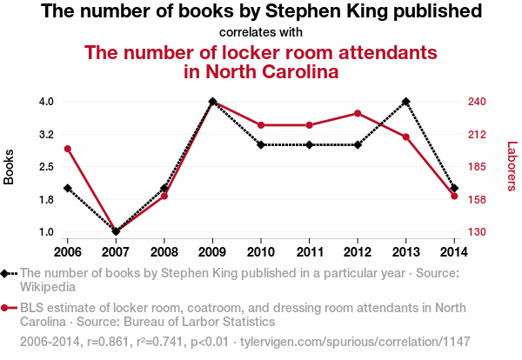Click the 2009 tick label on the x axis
(212, 251)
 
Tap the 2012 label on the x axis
(358, 251)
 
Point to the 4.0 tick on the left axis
(46, 102)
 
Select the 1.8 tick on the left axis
(46, 199)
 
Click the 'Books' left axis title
(10, 166)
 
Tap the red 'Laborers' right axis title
(512, 166)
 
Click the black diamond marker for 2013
(406, 102)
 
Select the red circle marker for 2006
(67, 149)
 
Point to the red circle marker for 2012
(358, 113)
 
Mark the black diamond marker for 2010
(261, 144)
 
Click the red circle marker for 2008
(164, 196)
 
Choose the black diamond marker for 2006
(67, 188)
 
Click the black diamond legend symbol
(6, 273)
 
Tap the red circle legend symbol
(6, 308)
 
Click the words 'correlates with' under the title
(261, 33)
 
